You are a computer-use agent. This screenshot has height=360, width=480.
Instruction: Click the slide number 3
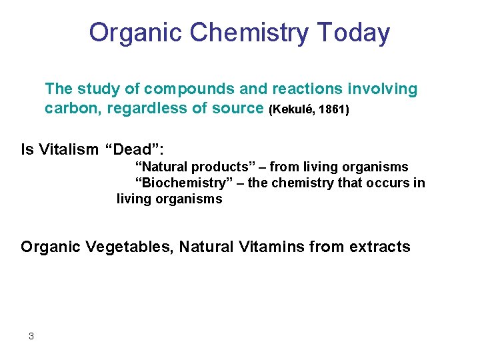coord(31,336)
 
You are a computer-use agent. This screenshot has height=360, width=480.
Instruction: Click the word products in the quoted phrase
coord(216,167)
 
